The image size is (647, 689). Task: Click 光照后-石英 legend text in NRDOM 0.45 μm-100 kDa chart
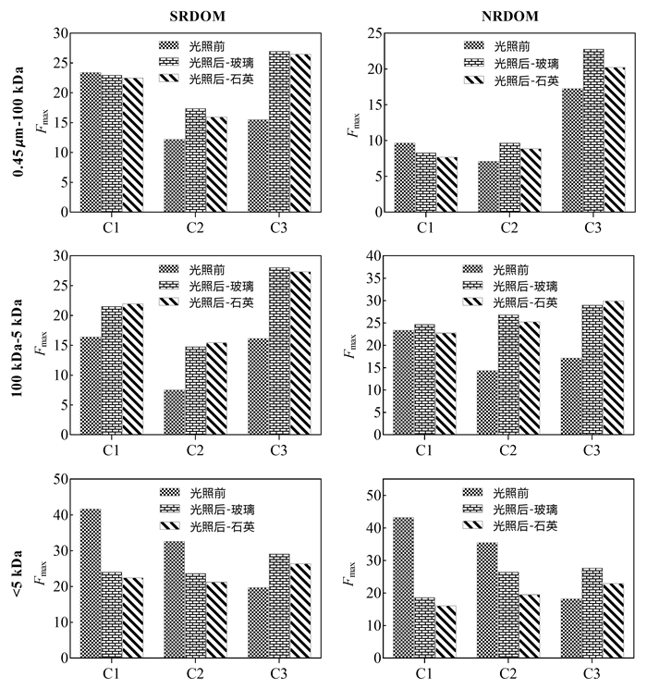point(526,80)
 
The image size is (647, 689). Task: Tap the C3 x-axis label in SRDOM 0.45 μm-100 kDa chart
point(278,226)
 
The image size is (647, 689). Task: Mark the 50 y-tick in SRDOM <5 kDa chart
point(64,479)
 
